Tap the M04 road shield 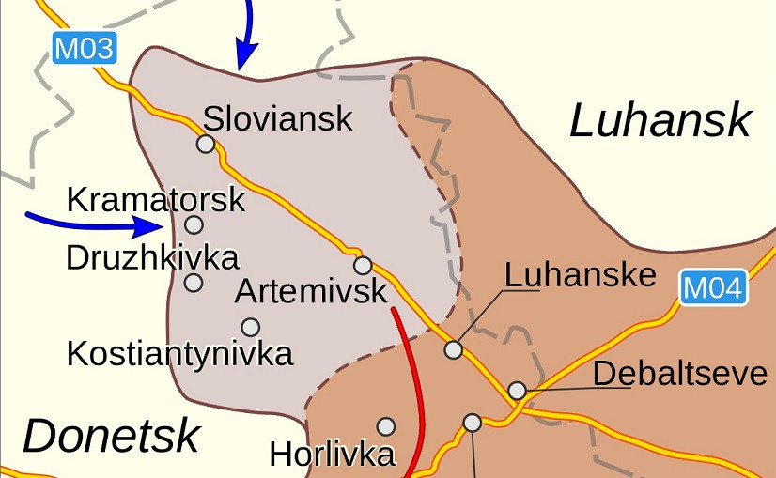(x=712, y=288)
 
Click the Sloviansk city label (x=278, y=118)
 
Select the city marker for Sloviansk (x=205, y=144)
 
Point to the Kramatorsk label (x=156, y=199)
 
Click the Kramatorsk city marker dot (x=194, y=224)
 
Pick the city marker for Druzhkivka (x=194, y=282)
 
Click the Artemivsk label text (x=310, y=291)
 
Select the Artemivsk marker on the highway (x=363, y=265)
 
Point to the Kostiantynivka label (x=179, y=354)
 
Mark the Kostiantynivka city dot (x=250, y=327)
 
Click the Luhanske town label (x=580, y=275)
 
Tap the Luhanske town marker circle (x=453, y=349)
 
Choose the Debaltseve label (x=680, y=373)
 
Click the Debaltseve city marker (x=517, y=390)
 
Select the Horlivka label (x=332, y=455)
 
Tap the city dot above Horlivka (x=385, y=426)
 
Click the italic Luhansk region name (x=660, y=121)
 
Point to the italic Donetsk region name (x=111, y=436)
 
